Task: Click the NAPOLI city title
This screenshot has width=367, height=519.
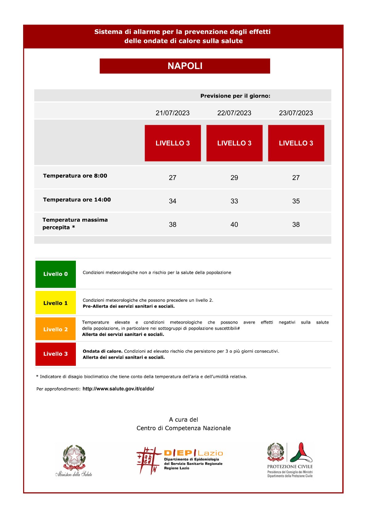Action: tap(185, 66)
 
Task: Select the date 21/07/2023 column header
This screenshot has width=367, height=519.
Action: tap(172, 113)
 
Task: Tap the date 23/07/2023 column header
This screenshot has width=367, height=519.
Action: tap(296, 113)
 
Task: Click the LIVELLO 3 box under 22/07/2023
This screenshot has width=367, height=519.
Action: tap(234, 143)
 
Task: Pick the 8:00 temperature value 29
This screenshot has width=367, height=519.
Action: tap(234, 178)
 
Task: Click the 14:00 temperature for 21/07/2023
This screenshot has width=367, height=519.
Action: tap(172, 201)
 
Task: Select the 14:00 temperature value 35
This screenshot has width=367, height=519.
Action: tap(296, 201)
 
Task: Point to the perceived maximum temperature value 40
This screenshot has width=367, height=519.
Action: tap(234, 225)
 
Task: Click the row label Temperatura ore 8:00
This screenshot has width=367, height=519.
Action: tap(75, 176)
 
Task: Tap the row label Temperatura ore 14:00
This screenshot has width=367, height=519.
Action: tap(77, 200)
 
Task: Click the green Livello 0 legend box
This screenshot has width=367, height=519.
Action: tap(56, 274)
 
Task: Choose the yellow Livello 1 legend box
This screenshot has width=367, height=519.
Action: tap(56, 303)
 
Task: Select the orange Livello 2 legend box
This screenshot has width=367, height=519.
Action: tap(56, 329)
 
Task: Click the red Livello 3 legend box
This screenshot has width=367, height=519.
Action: tap(56, 354)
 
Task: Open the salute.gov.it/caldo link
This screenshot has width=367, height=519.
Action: tap(118, 389)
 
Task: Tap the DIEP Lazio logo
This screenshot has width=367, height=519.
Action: tap(180, 460)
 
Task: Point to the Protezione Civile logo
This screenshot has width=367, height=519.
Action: tap(290, 460)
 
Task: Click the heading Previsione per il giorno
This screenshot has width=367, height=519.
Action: tap(235, 96)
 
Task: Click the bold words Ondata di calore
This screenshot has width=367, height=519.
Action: tap(103, 351)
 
